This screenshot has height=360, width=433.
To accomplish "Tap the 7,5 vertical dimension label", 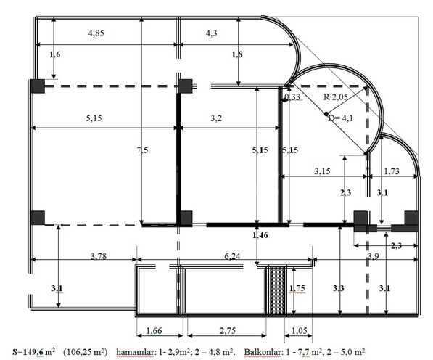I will (146, 150).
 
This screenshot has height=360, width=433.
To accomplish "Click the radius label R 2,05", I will (336, 97).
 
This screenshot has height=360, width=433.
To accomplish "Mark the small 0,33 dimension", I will (293, 97).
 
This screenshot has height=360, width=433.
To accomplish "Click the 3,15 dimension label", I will (323, 172).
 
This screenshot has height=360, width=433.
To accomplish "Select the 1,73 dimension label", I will (391, 172).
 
